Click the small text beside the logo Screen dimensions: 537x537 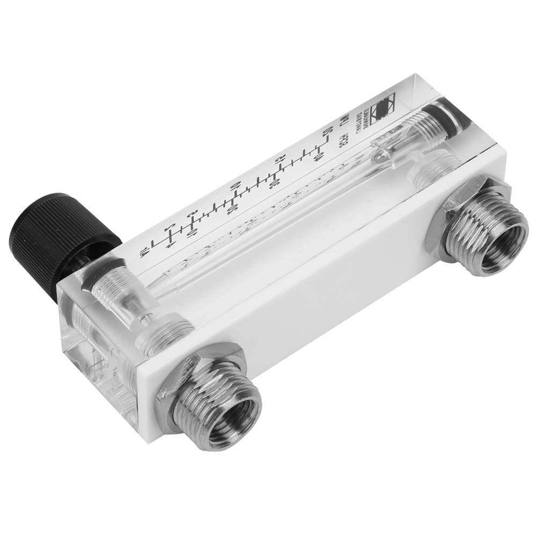coord(371,113)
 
